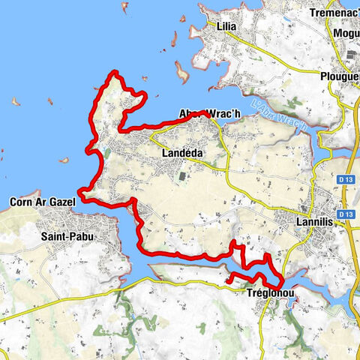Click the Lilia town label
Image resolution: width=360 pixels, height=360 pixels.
coord(226,26)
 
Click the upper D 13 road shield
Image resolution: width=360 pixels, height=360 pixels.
coord(345,180)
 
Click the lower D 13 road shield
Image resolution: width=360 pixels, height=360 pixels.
coord(345,214)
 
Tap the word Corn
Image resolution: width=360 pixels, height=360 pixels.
coord(21,202)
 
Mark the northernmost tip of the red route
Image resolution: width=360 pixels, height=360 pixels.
coord(115,71)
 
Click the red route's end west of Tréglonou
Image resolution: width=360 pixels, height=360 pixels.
coord(227,281)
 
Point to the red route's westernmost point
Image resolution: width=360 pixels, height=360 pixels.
coord(78,199)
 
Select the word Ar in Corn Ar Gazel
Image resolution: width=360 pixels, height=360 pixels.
coord(42,202)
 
